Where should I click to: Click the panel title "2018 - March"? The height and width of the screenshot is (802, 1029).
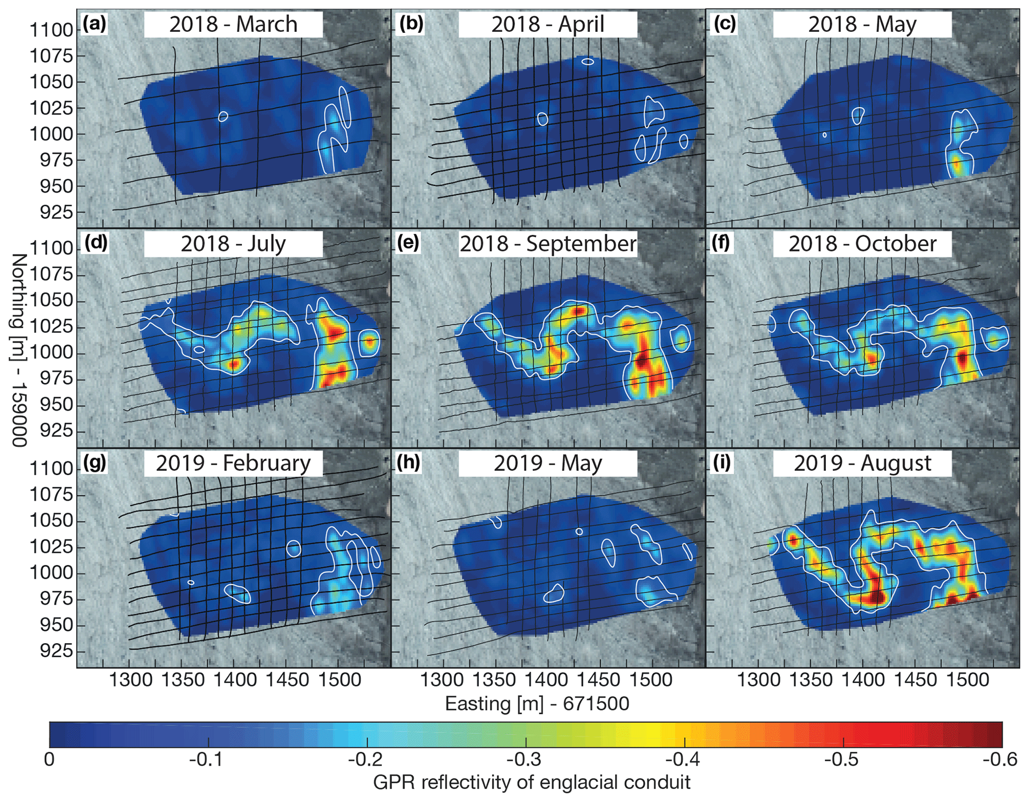click(233, 24)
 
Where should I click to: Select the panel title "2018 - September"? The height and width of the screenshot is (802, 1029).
click(548, 244)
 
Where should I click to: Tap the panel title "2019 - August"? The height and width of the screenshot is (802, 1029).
click(862, 463)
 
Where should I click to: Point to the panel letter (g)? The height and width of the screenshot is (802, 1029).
click(95, 463)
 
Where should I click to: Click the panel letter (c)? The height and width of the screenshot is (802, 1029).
click(724, 24)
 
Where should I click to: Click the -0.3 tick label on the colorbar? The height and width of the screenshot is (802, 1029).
click(526, 760)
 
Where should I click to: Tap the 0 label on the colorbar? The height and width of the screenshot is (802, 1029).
click(49, 760)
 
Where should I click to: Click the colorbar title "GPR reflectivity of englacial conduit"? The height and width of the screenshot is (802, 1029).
click(531, 783)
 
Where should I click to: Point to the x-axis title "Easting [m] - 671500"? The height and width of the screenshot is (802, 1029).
click(537, 703)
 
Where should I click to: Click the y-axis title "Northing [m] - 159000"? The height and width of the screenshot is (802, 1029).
click(18, 350)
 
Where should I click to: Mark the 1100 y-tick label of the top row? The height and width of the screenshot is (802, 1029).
click(51, 30)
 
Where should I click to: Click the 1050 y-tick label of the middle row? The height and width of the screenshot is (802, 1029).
click(51, 300)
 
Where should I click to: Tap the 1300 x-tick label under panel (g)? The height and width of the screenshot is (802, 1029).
click(130, 680)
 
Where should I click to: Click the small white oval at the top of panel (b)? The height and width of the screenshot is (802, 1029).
click(588, 62)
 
